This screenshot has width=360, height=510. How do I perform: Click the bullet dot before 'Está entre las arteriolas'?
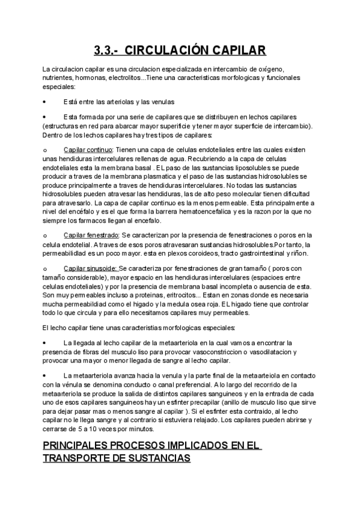click(x=44, y=102)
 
